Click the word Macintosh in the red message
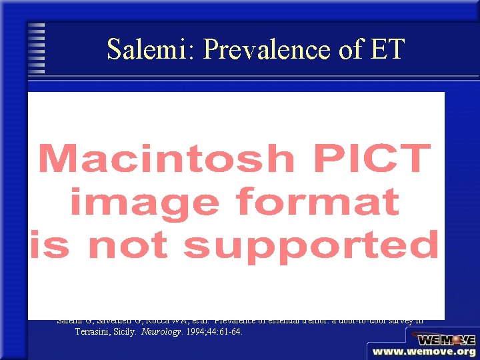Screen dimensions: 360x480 (x=167, y=159)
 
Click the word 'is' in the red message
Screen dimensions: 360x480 (x=49, y=245)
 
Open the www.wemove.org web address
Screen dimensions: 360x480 (x=425, y=352)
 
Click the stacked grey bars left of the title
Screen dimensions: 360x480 (x=37, y=49)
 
